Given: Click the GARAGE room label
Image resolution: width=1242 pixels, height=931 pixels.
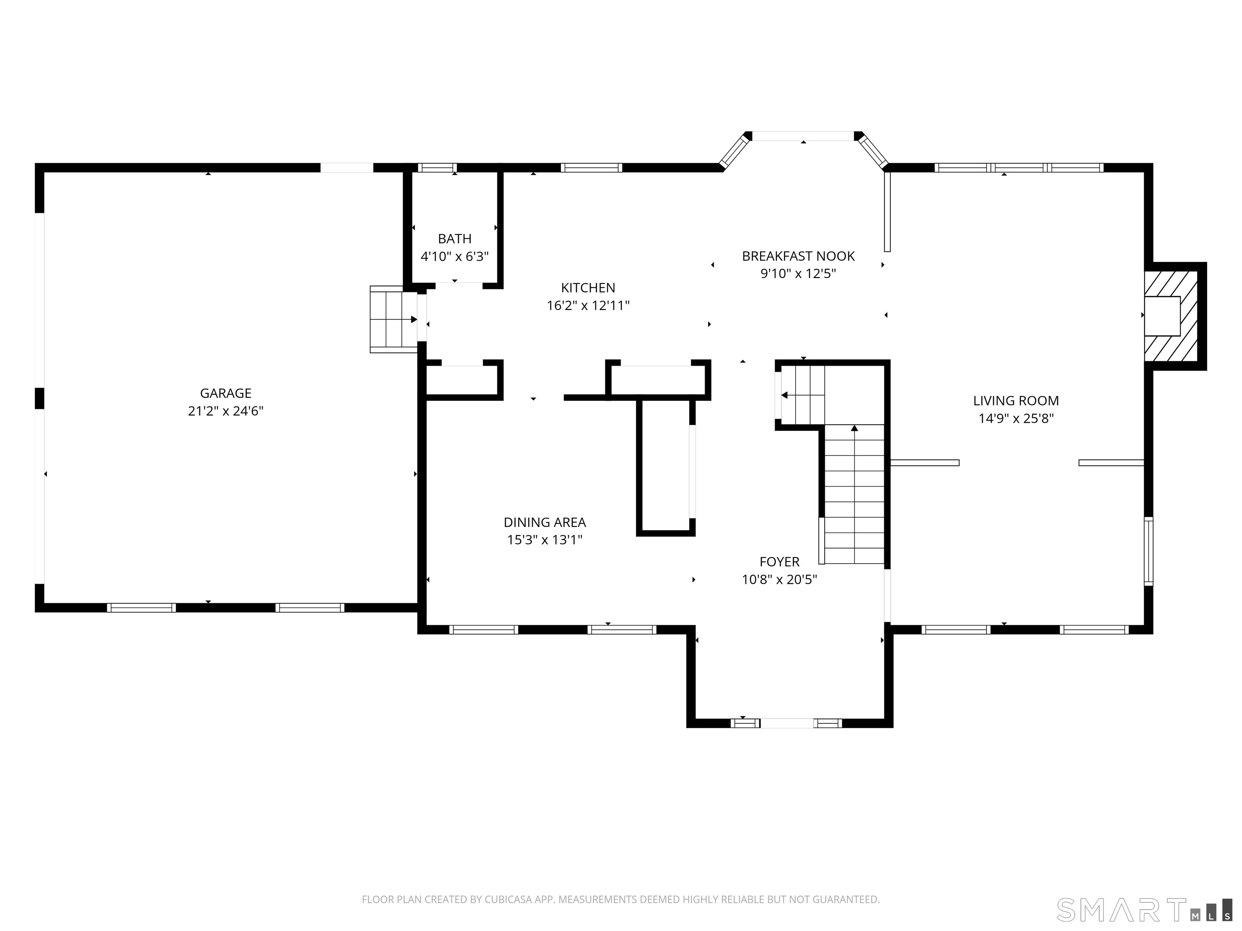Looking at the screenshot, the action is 226,394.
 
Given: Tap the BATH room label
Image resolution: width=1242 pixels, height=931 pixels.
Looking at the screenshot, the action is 455,239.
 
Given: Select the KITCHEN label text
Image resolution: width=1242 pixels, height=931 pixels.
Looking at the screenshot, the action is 588,288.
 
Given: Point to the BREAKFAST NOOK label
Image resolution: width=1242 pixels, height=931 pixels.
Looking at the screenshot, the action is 798,257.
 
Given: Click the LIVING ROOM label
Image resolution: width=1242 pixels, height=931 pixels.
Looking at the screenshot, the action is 1016,401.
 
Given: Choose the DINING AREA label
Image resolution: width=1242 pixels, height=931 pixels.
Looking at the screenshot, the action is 545,522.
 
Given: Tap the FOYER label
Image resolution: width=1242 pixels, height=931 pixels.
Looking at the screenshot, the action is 779,562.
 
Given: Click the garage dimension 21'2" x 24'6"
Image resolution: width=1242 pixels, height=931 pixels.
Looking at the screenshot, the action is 226,411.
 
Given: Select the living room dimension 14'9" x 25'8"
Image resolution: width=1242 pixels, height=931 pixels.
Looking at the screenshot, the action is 1016,419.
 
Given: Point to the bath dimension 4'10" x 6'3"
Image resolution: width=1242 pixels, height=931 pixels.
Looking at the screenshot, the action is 455,257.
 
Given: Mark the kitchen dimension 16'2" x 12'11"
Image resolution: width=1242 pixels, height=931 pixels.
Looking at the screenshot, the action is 588,306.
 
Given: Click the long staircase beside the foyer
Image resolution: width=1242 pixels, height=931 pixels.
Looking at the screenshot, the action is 854,494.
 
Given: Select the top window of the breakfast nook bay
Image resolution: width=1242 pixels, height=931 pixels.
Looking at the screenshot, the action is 803,136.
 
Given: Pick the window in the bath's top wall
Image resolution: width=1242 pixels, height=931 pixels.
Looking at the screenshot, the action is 437,167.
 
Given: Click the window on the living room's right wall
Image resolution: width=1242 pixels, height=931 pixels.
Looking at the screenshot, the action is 1149,551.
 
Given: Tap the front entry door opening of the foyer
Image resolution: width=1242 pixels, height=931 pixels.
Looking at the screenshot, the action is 787,723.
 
